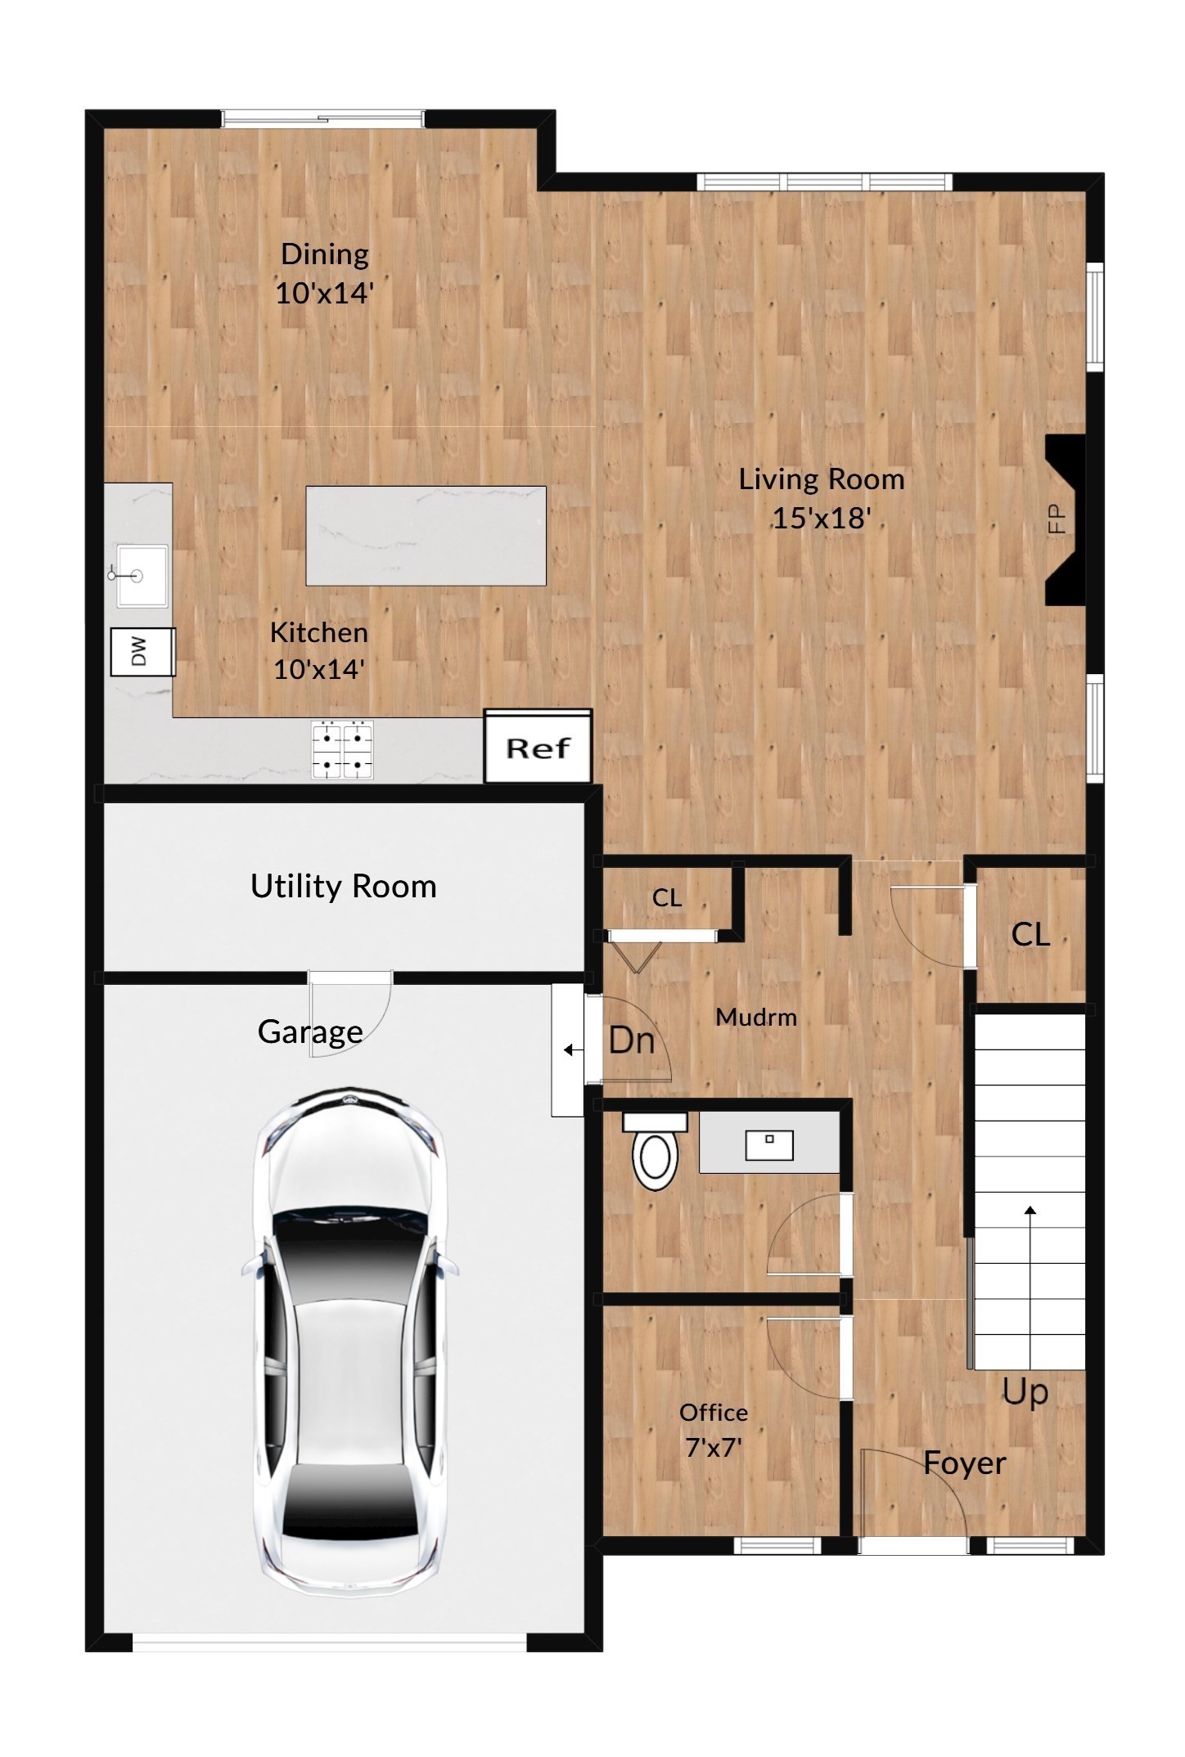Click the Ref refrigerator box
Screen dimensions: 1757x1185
tap(538, 747)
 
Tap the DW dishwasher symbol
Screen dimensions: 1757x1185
tap(142, 652)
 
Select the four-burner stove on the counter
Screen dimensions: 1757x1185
tap(342, 749)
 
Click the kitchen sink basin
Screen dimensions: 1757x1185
tap(142, 576)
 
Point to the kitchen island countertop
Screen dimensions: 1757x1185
tap(426, 536)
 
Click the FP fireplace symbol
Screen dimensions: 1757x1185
tap(1065, 519)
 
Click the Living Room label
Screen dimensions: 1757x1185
tap(822, 479)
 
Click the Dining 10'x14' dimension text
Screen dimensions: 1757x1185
tap(324, 293)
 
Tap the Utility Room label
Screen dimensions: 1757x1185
tap(343, 887)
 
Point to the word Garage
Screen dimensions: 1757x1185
tap(310, 1032)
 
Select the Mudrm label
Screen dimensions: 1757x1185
tap(755, 1018)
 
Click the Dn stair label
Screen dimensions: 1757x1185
tap(631, 1040)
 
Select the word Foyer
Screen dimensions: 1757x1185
tap(964, 1463)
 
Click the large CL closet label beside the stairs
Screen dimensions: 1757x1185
tap(1030, 934)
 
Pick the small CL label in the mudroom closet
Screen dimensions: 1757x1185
tap(666, 898)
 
